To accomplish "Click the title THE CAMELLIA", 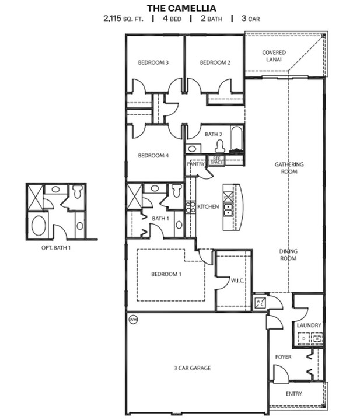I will point(181,8).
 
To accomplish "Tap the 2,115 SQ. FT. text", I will point(123,18).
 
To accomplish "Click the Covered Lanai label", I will point(272,55).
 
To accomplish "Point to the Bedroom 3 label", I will point(153,62).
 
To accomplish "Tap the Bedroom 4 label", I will point(153,156).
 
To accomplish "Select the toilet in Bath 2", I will point(220,146).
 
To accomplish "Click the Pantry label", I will point(195,164).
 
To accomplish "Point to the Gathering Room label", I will point(289,168).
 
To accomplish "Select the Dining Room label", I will point(288,254).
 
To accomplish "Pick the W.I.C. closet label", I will point(237,280).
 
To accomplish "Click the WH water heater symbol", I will point(133,320).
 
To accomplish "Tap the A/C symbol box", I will point(259,302).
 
